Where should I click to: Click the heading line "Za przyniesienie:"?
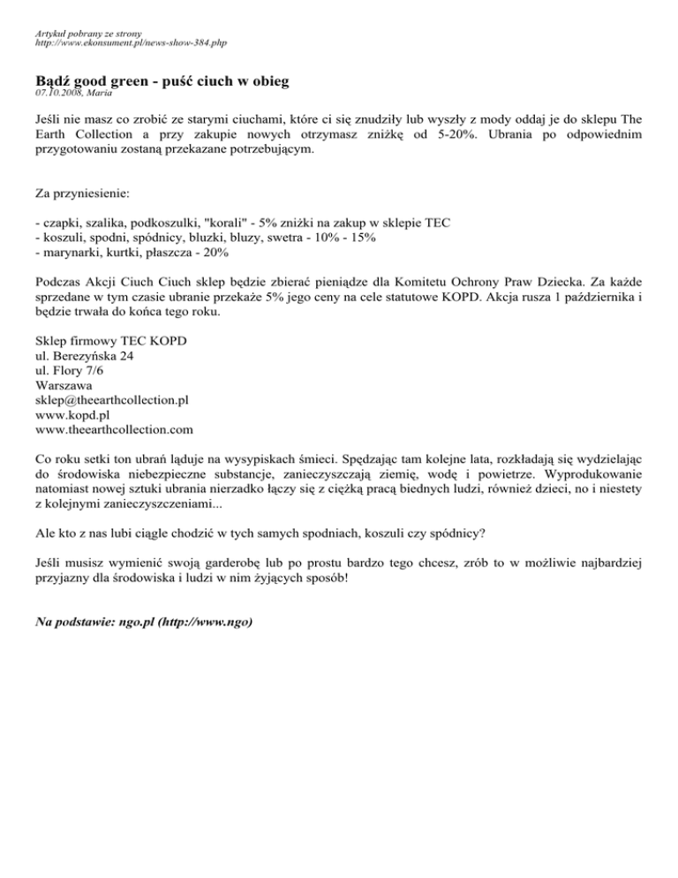(x=85, y=191)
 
